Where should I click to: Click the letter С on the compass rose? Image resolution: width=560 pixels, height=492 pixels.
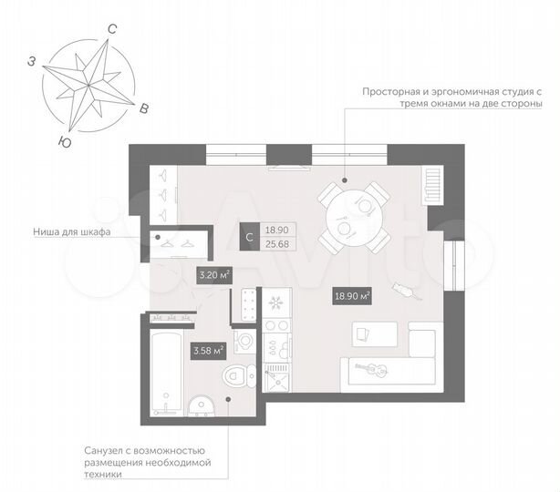[x=111, y=29]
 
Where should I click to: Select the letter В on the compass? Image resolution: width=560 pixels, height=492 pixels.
[x=143, y=109]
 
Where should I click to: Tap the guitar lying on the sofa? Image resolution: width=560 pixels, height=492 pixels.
[x=374, y=369]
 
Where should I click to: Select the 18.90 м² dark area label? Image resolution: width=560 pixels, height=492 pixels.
[x=352, y=295]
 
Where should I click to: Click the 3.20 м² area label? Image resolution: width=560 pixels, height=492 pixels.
[x=213, y=272]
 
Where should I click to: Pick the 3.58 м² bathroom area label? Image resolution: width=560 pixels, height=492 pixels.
[x=207, y=349]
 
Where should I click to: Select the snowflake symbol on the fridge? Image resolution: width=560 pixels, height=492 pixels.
[x=274, y=302]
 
